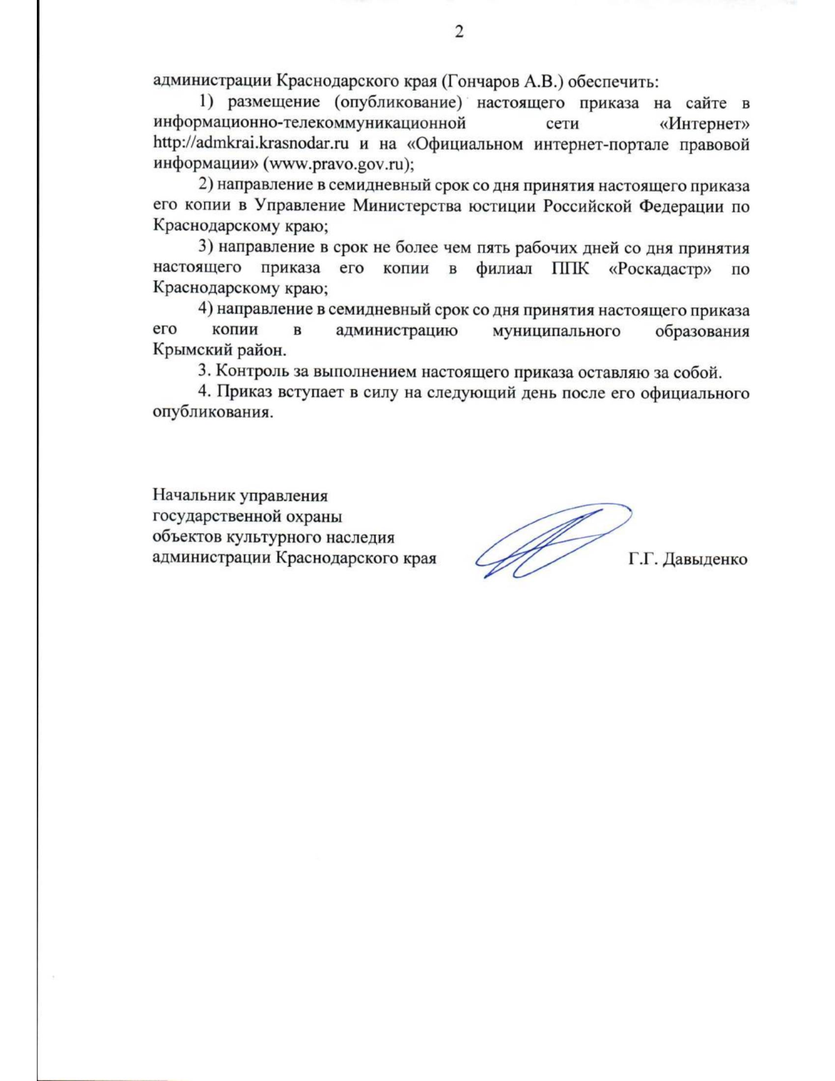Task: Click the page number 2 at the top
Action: [459, 33]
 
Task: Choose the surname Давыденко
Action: [704, 559]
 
